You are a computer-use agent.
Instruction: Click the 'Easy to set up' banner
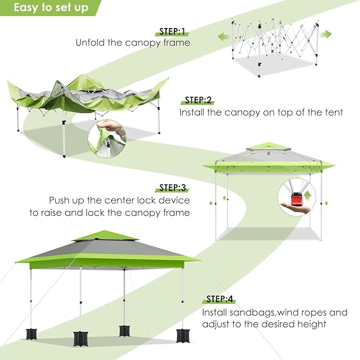50,8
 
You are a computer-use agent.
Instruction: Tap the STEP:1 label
172,31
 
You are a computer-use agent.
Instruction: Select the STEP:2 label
198,100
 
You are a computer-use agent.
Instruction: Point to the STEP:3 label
172,188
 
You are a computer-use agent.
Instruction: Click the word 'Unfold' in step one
90,42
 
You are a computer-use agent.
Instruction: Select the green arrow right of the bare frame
326,34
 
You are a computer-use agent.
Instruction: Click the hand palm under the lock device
298,209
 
